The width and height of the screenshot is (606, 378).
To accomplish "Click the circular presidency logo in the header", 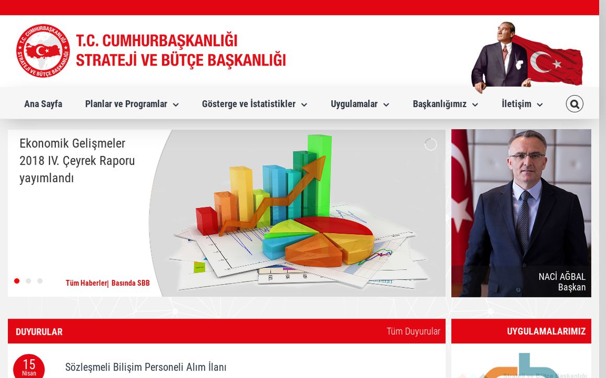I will [43, 51].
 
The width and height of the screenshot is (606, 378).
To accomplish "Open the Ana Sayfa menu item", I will [43, 104].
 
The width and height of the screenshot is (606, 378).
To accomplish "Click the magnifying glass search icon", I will [574, 104].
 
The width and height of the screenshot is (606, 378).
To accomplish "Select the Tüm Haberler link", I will [86, 283].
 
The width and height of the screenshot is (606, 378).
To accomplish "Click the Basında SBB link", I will [131, 283].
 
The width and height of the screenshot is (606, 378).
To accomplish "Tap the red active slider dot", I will [17, 281].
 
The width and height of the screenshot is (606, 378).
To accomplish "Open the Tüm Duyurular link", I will [413, 332].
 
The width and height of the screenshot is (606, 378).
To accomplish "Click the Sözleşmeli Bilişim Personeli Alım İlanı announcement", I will [146, 367].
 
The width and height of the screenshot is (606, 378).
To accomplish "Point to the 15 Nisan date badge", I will [29, 367].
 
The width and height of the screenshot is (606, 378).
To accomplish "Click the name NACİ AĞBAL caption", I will [562, 277].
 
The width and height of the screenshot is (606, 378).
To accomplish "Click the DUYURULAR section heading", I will [39, 332].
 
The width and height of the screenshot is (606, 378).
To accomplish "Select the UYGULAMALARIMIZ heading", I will [546, 332].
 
